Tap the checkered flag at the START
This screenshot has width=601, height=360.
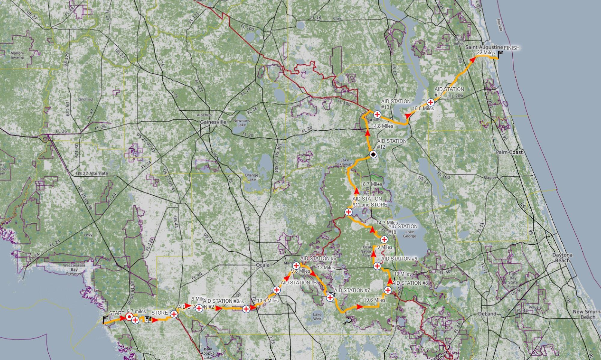(x=105, y=319)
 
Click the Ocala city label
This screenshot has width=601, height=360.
(x=263, y=265)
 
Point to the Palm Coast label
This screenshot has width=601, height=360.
(x=509, y=152)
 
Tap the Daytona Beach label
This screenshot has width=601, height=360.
(x=562, y=258)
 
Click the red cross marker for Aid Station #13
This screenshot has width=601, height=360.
(x=377, y=114)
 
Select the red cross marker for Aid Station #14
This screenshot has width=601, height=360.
(x=431, y=102)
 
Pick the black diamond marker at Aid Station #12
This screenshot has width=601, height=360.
(x=373, y=155)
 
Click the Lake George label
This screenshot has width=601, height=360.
(x=410, y=234)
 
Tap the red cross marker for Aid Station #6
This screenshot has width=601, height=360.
(x=296, y=265)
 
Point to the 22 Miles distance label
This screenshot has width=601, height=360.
(x=486, y=53)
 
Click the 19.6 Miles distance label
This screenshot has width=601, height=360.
(x=374, y=300)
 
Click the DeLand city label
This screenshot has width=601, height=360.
(x=487, y=314)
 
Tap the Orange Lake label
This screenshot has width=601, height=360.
(x=252, y=177)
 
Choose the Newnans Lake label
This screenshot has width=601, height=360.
(x=242, y=123)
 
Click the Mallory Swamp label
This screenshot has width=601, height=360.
(x=17, y=55)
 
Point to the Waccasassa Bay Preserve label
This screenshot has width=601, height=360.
(x=74, y=269)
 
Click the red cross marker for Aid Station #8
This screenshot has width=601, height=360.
(x=388, y=290)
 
